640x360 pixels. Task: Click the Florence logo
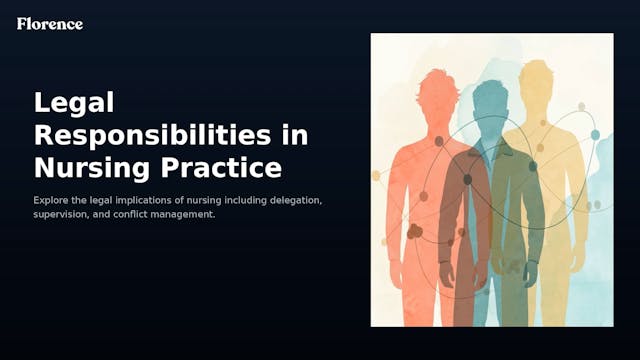[50, 23]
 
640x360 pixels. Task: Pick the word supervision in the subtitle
[61, 215]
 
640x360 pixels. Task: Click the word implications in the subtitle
[145, 201]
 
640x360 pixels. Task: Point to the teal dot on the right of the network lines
[595, 135]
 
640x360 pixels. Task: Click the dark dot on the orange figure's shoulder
[437, 141]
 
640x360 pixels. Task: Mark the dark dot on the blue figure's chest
[467, 180]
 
